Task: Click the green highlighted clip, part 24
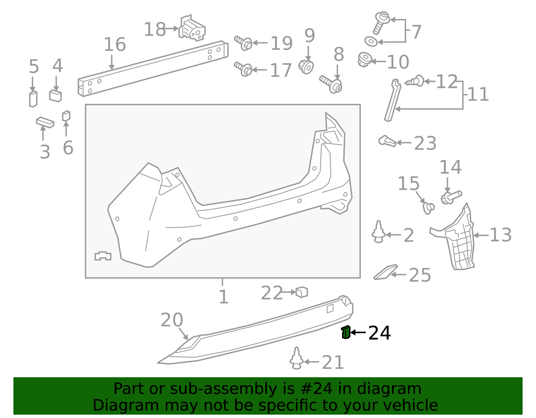coord(346,332)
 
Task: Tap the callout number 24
coord(379,333)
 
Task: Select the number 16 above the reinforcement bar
coord(115,44)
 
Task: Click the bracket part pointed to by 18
coord(192,28)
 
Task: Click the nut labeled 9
coord(306,67)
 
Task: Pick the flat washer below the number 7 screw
coord(371,41)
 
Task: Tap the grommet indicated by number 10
coord(365,59)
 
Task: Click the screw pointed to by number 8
coord(331,84)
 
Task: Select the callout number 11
coord(478,94)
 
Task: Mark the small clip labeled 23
coord(387,141)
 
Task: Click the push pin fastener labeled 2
coord(378,232)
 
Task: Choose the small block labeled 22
coord(301,292)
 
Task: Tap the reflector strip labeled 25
coord(386,272)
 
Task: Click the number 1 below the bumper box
coord(223,297)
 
